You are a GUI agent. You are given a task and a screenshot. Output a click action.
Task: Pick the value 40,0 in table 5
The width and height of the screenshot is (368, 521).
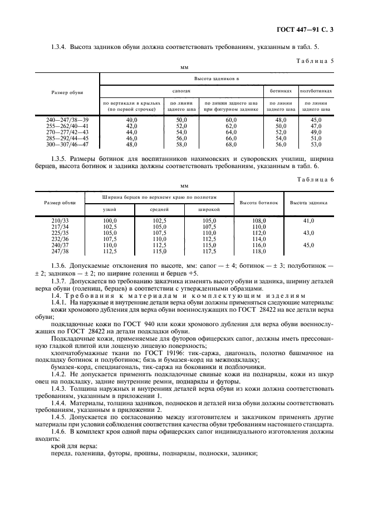coord(131,120)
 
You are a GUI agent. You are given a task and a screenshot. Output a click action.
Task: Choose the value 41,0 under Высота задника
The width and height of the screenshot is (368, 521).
coord(308,221)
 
